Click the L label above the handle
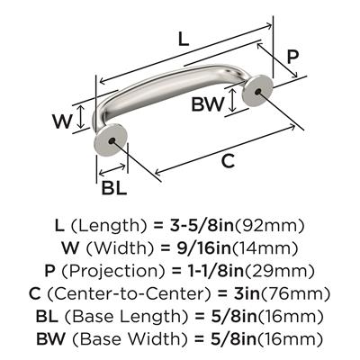184,40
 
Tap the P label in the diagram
292,57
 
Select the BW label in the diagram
208,104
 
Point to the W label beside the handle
63,121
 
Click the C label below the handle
228,161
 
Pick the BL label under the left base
114,188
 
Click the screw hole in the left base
112,140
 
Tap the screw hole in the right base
257,91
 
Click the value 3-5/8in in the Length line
202,226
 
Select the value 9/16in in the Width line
203,248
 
